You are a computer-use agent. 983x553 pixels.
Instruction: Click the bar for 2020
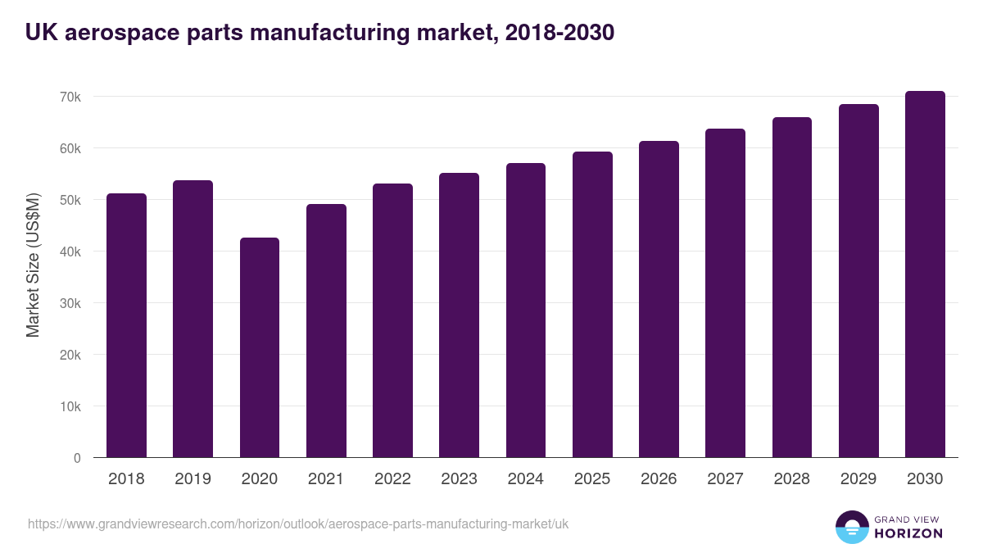(x=260, y=347)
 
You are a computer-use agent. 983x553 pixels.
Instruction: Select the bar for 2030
(x=925, y=274)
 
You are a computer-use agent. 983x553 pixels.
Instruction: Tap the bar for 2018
(x=127, y=325)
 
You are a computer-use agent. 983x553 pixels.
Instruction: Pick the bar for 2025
(x=592, y=305)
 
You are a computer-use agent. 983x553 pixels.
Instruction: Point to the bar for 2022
(x=392, y=320)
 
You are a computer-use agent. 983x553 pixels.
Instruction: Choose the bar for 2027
(x=725, y=293)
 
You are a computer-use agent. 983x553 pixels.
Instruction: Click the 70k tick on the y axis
(x=69, y=97)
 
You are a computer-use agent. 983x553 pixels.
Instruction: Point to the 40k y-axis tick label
(x=69, y=252)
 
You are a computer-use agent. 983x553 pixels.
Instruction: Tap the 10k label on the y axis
(x=69, y=406)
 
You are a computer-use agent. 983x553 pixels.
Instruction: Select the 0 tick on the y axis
(x=77, y=458)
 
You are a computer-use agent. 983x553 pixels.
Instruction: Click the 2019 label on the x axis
(x=193, y=479)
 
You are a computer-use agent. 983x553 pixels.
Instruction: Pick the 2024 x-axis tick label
(x=525, y=479)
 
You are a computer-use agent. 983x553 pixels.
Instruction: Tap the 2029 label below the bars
(x=858, y=479)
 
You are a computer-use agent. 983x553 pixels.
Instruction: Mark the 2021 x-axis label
(x=325, y=479)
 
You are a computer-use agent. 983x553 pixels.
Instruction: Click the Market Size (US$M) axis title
(x=33, y=265)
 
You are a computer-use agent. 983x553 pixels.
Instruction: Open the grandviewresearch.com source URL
(x=298, y=524)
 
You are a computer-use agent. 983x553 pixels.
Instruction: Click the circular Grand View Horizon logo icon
(x=851, y=528)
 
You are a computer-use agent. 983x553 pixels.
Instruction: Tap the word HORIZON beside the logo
(x=908, y=533)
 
